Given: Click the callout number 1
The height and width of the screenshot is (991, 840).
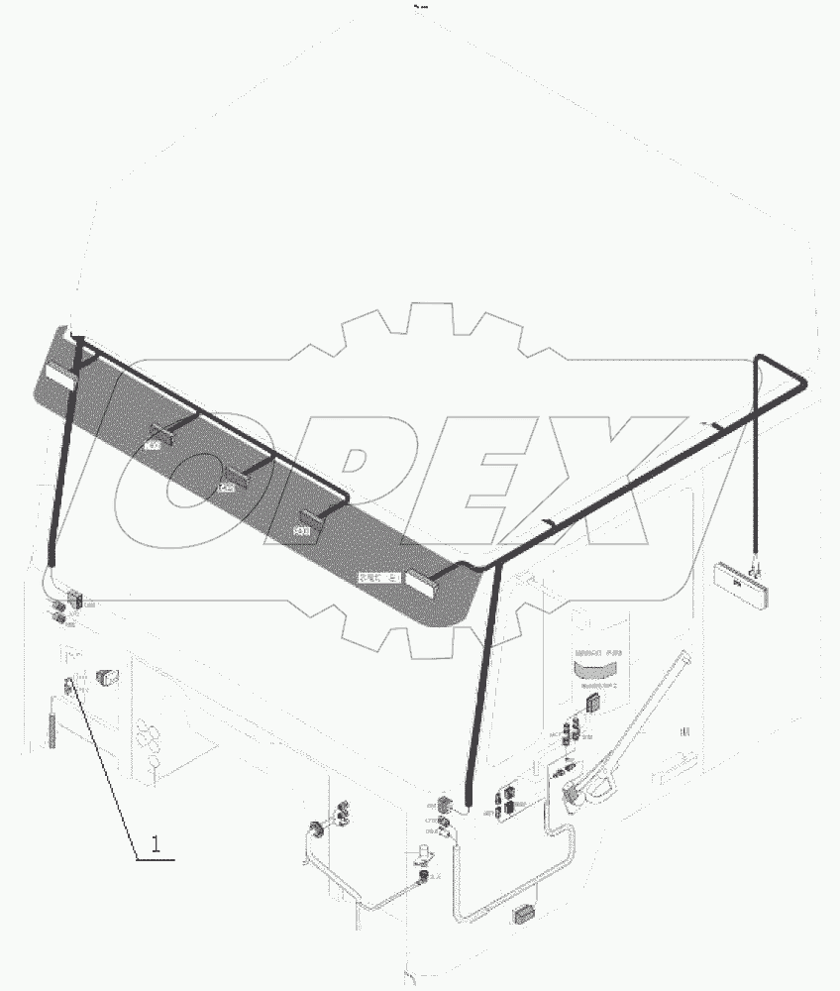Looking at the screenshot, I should (x=156, y=844).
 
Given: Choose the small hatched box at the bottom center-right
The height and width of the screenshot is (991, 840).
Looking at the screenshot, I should (x=523, y=915).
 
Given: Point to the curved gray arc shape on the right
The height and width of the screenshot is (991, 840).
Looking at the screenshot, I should (x=601, y=671).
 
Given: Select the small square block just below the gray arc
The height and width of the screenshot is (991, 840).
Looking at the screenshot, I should (x=592, y=702).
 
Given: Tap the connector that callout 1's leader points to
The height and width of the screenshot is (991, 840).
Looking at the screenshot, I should (x=73, y=684).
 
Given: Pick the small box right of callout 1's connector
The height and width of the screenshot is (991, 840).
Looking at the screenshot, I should (x=107, y=680).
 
